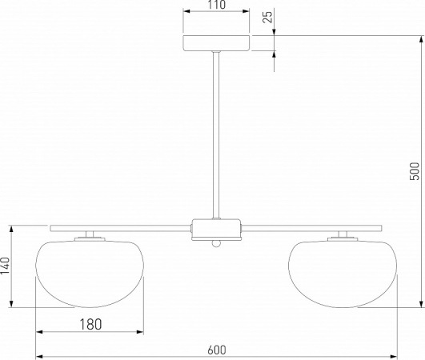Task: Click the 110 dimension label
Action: click(x=217, y=5)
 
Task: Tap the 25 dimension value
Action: click(x=267, y=17)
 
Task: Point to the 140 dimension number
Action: click(x=5, y=266)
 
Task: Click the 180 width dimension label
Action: click(x=90, y=324)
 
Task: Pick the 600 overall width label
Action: click(x=217, y=350)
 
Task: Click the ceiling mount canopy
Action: click(x=216, y=43)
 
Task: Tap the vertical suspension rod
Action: click(x=216, y=135)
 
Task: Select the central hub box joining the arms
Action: click(x=216, y=230)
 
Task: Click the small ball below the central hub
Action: click(x=216, y=243)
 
